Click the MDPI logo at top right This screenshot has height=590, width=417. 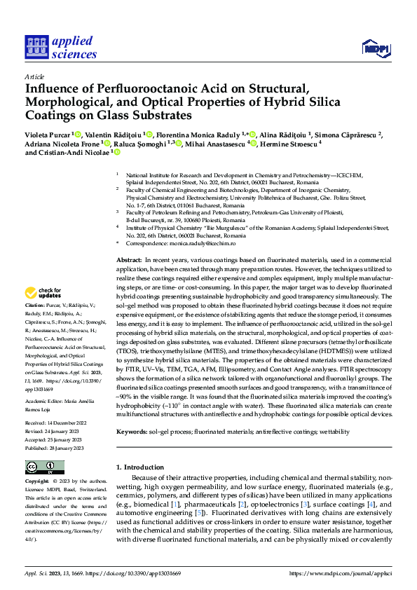click(375, 48)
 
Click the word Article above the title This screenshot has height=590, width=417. click(34, 76)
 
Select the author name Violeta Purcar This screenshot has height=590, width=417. click(49, 134)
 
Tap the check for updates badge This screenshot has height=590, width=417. click(43, 293)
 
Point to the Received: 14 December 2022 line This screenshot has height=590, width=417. click(56, 404)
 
